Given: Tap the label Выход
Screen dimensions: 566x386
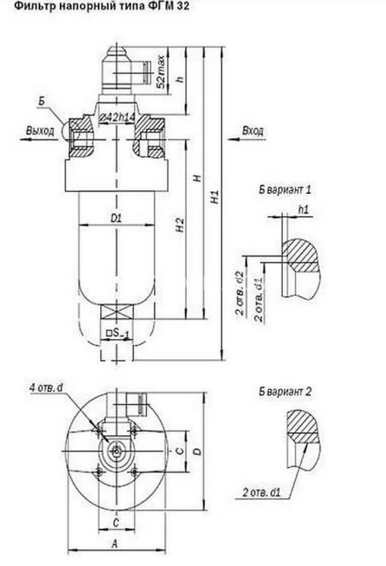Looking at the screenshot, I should pyautogui.click(x=40, y=131).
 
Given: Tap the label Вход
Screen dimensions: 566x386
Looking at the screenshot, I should pyautogui.click(x=252, y=132).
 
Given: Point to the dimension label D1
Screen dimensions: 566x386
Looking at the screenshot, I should pyautogui.click(x=116, y=218).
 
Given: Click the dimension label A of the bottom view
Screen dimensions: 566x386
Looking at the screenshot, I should pyautogui.click(x=115, y=543).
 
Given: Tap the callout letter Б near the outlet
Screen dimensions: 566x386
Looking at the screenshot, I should pyautogui.click(x=42, y=102).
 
